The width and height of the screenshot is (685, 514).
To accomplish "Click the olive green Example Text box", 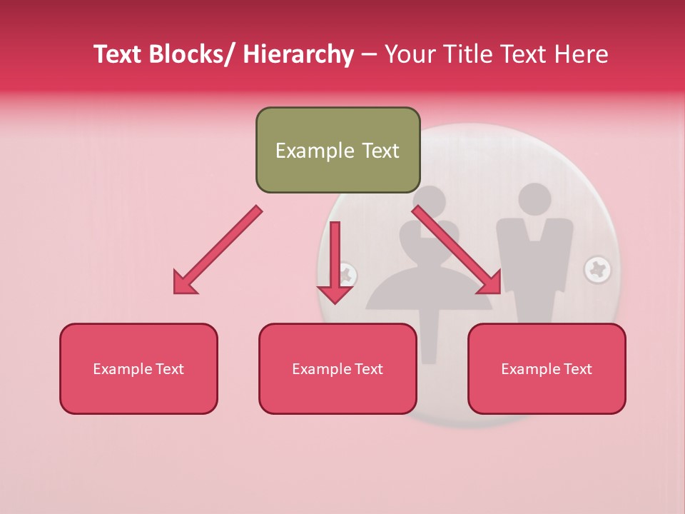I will [338, 150].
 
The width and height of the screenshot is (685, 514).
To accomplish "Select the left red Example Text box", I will [138, 368].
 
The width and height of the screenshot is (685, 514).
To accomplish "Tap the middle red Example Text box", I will [338, 368].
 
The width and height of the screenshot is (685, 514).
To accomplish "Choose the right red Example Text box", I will [547, 368].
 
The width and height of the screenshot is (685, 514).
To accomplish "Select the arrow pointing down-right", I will [457, 250].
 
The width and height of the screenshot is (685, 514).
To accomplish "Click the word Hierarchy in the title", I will [298, 54].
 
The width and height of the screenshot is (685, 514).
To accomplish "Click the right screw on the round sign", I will [597, 269].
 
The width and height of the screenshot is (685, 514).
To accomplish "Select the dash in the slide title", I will [369, 54].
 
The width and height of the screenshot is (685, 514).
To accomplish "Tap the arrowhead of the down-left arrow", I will [183, 283].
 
